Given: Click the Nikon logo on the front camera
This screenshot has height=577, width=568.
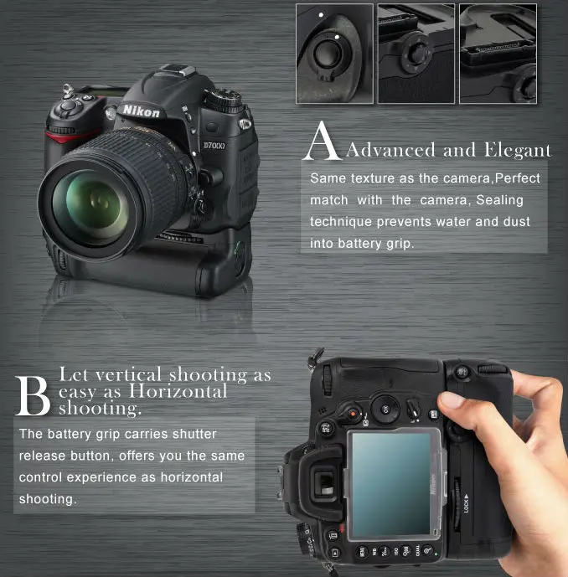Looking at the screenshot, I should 141,111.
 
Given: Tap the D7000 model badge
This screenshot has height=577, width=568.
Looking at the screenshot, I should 214,147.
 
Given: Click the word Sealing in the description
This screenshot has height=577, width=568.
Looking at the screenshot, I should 499,200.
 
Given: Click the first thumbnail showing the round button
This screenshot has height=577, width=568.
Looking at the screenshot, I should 334,53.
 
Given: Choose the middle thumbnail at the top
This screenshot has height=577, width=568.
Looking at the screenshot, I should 416,53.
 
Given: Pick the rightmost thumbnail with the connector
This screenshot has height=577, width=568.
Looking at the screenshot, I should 498,53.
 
